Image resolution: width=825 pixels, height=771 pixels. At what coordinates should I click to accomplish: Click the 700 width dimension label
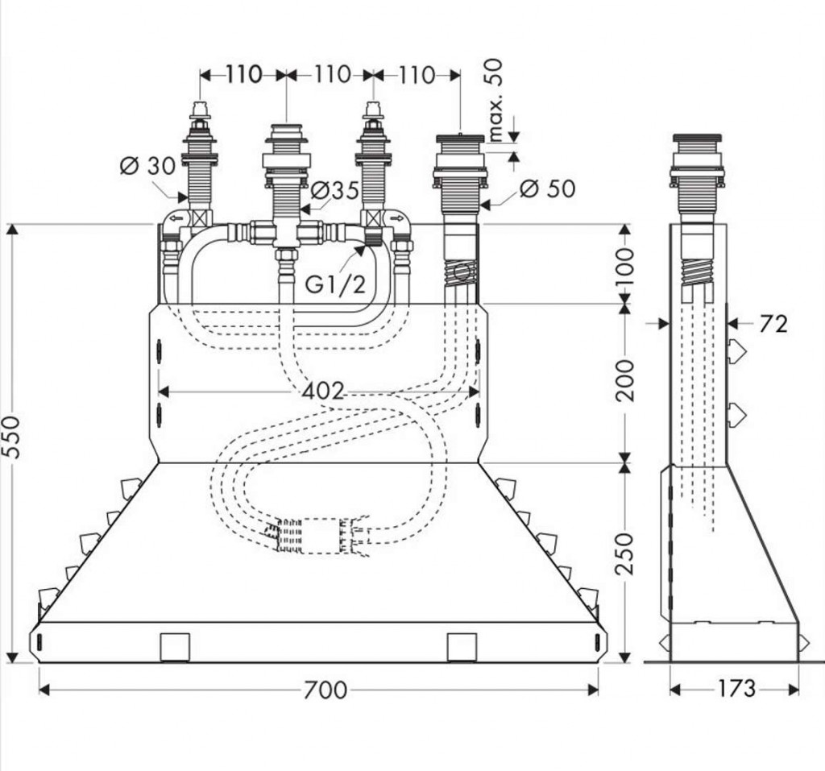pos(326,690)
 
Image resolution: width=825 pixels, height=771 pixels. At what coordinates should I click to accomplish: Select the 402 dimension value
pos(324,392)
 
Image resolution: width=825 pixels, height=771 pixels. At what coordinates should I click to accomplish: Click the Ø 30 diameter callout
pos(147,166)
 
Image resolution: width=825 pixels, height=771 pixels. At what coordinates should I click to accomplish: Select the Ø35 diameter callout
pos(334,192)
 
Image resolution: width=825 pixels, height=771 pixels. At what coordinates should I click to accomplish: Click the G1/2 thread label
pos(334,284)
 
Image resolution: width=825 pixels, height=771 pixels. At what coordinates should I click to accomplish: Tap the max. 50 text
pos(495,99)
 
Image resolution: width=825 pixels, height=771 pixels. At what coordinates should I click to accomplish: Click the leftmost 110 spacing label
pos(243,75)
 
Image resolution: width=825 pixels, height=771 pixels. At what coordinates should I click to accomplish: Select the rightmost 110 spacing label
pos(417,75)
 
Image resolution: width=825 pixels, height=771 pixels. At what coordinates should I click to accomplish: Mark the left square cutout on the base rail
pos(175,647)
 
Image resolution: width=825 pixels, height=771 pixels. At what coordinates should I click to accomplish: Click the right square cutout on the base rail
pos(462,647)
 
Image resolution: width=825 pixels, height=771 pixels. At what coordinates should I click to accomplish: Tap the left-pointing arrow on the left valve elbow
pos(176,218)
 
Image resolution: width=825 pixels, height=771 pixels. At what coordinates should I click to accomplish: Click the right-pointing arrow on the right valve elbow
pos(395,218)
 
